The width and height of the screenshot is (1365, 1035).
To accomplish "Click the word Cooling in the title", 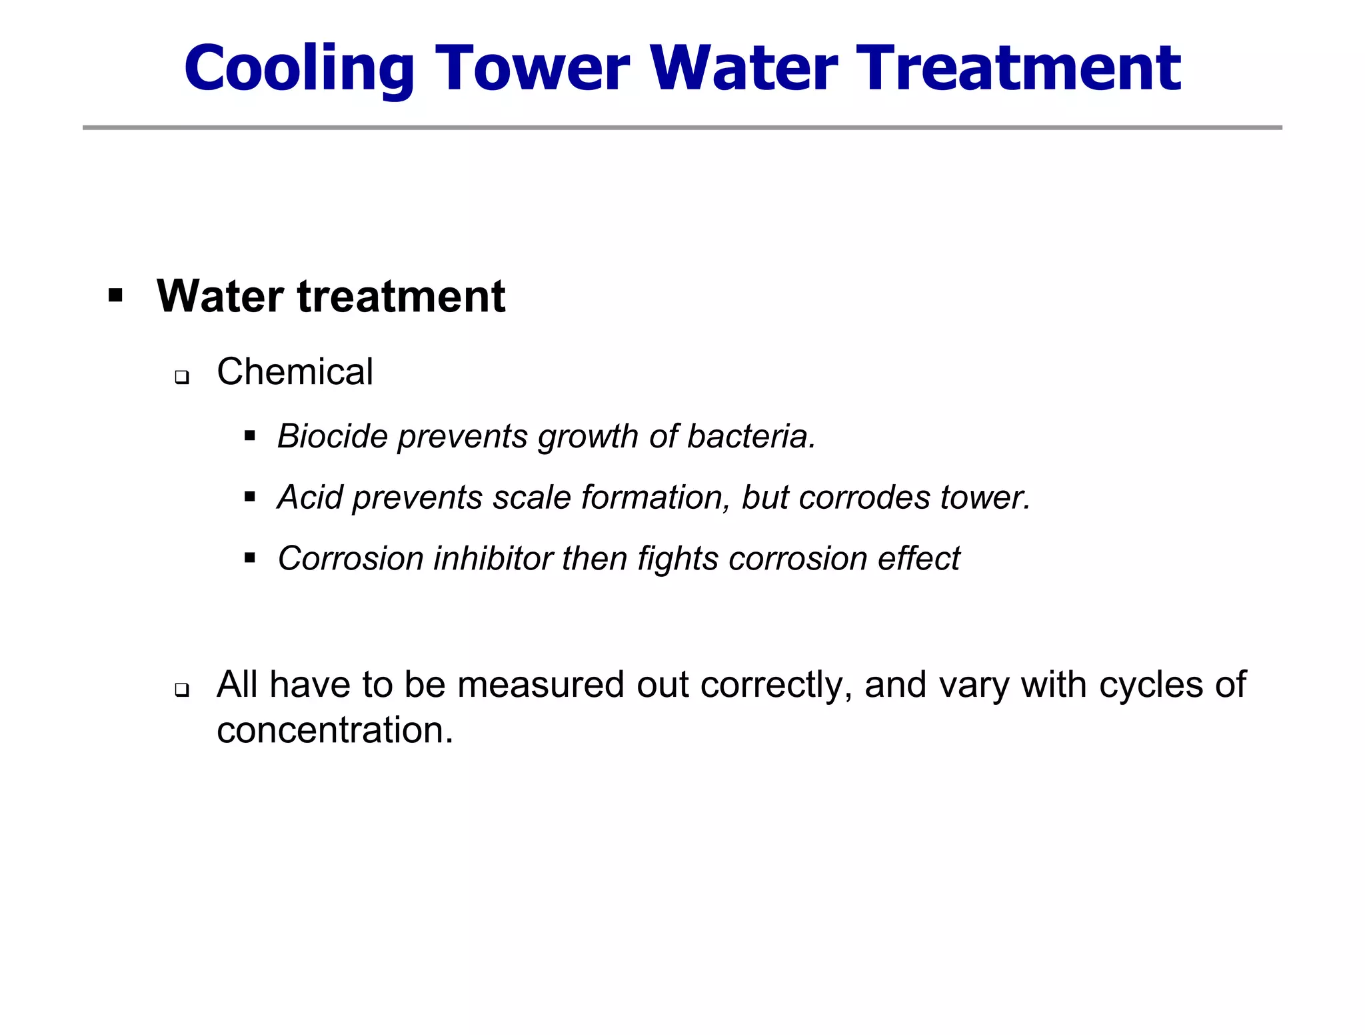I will [299, 68].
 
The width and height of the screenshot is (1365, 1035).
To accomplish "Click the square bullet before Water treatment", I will [115, 295].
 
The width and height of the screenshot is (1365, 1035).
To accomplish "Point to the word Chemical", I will [295, 372].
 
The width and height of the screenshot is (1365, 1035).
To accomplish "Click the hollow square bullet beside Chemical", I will [181, 377].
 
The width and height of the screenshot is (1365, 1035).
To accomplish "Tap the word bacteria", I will [751, 437].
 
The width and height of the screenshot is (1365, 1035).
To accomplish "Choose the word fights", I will [677, 559].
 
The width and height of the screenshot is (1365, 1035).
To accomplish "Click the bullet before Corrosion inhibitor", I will [250, 558].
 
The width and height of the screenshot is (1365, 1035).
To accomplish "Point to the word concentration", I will [335, 730].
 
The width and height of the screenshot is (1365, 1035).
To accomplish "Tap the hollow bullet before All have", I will [181, 690].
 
